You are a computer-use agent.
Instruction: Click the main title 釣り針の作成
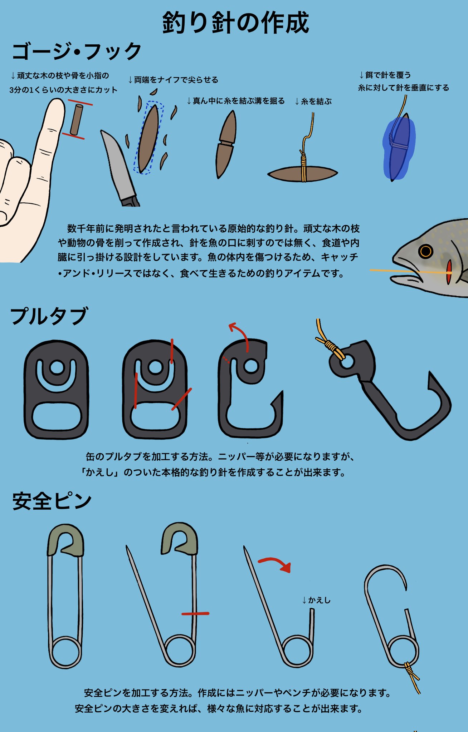235,23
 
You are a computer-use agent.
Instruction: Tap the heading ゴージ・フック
76,51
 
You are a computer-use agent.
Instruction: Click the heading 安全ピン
52,501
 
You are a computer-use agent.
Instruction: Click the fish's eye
425,251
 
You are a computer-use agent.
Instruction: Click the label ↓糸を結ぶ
313,102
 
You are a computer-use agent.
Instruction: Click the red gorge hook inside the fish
449,272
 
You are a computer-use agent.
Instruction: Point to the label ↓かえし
317,600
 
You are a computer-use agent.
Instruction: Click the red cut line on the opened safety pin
195,614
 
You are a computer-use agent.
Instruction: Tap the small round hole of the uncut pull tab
57,367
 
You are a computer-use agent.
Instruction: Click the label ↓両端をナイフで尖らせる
173,80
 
